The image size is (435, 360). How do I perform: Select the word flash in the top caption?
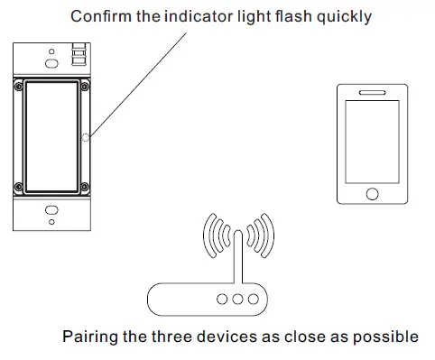[289, 16]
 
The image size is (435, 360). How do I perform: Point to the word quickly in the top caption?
[341, 16]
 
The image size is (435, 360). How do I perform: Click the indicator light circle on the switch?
[86, 138]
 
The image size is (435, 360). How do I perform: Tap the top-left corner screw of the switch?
[18, 87]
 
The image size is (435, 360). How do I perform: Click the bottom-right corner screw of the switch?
[83, 188]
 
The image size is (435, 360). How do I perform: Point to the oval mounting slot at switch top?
[51, 60]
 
